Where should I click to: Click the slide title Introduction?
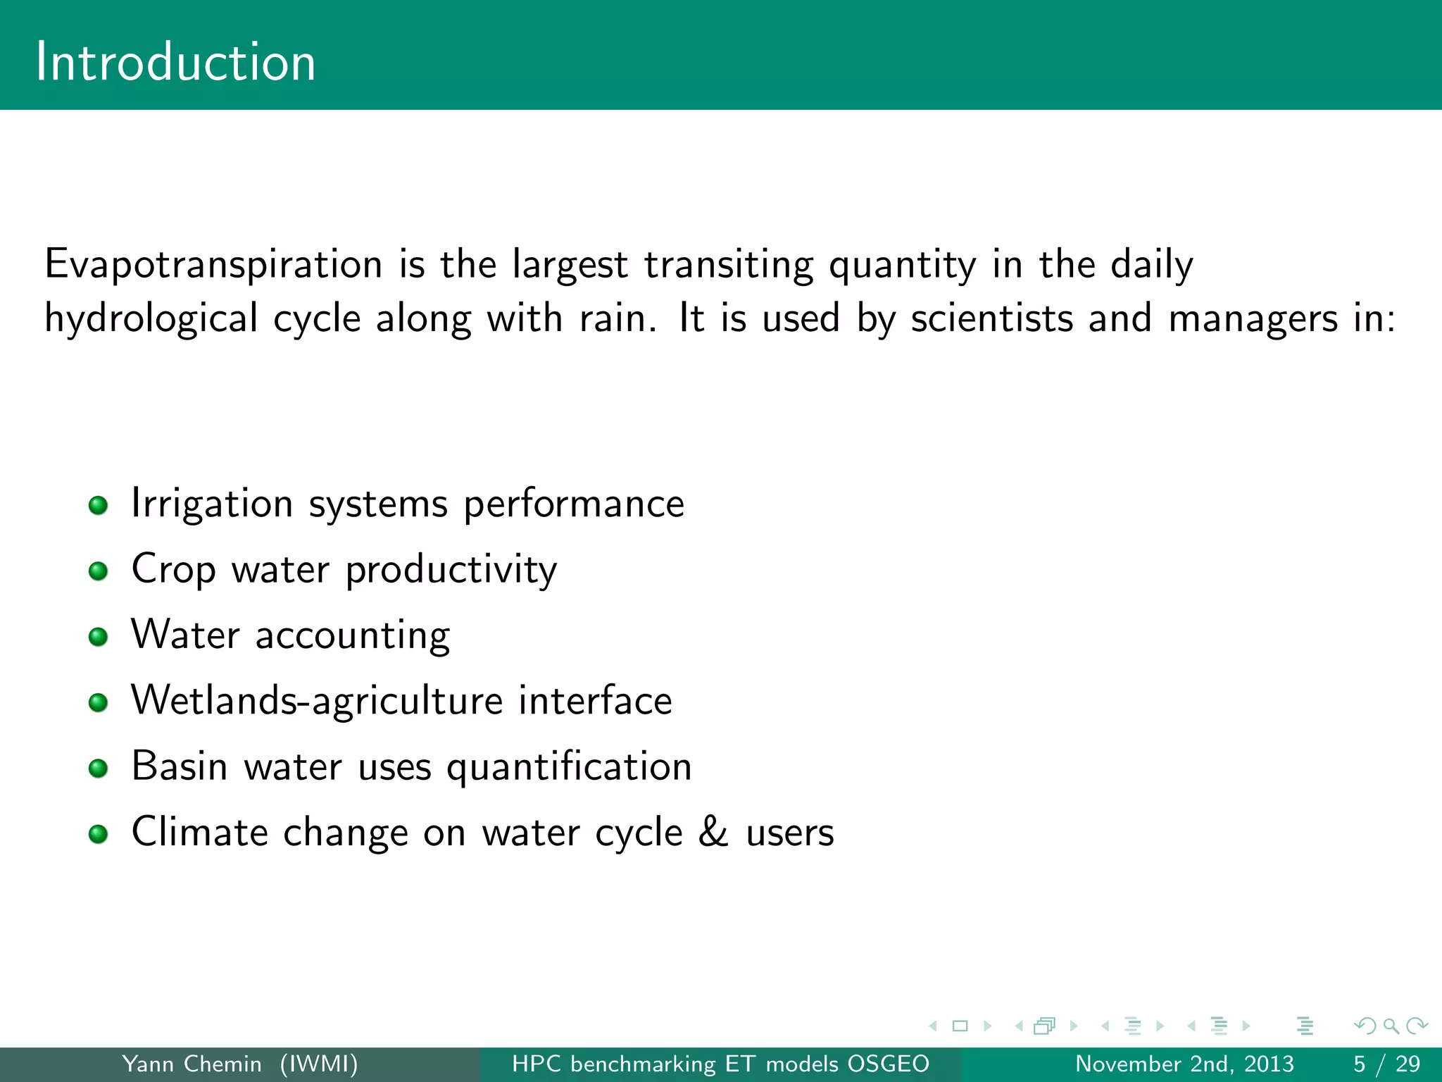pos(175,62)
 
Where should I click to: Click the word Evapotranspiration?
pos(213,265)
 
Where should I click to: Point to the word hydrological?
pos(151,318)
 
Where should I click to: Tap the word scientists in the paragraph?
pos(992,318)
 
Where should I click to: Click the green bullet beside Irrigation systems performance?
pos(99,505)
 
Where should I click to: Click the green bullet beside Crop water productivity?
pos(99,571)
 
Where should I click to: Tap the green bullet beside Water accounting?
pos(99,637)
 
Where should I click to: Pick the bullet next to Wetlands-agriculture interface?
pos(99,702)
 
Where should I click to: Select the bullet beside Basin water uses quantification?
pos(99,768)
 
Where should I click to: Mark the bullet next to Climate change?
pos(99,834)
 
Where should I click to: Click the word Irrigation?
pos(212,504)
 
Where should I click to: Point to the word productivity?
pos(451,570)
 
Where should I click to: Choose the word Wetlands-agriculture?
pos(317,701)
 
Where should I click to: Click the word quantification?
pos(569,767)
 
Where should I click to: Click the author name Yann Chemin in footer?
pos(192,1064)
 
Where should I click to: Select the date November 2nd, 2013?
pos(1184,1064)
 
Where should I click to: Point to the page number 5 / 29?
pos(1386,1064)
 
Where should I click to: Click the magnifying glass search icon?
pos(1391,1026)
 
